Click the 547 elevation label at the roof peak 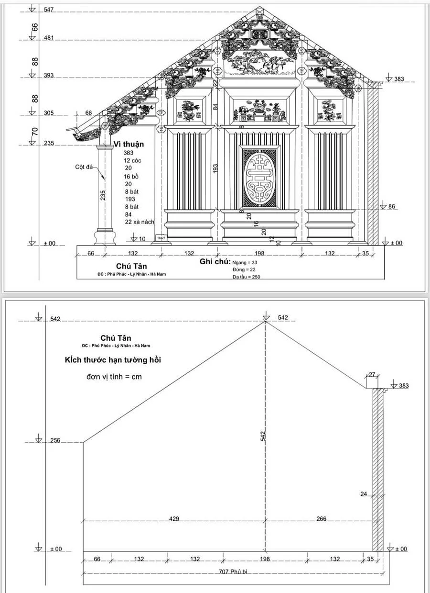pos(49,10)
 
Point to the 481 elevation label pos(49,38)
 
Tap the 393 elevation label pos(49,76)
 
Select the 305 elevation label pos(49,113)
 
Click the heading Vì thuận pos(129,144)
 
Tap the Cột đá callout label pos(83,167)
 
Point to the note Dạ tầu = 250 pos(247,277)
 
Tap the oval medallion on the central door pos(259,178)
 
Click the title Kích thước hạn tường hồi pos(113,359)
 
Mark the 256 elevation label pos(55,440)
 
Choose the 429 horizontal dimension pos(174,519)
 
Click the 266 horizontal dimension pos(321,519)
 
